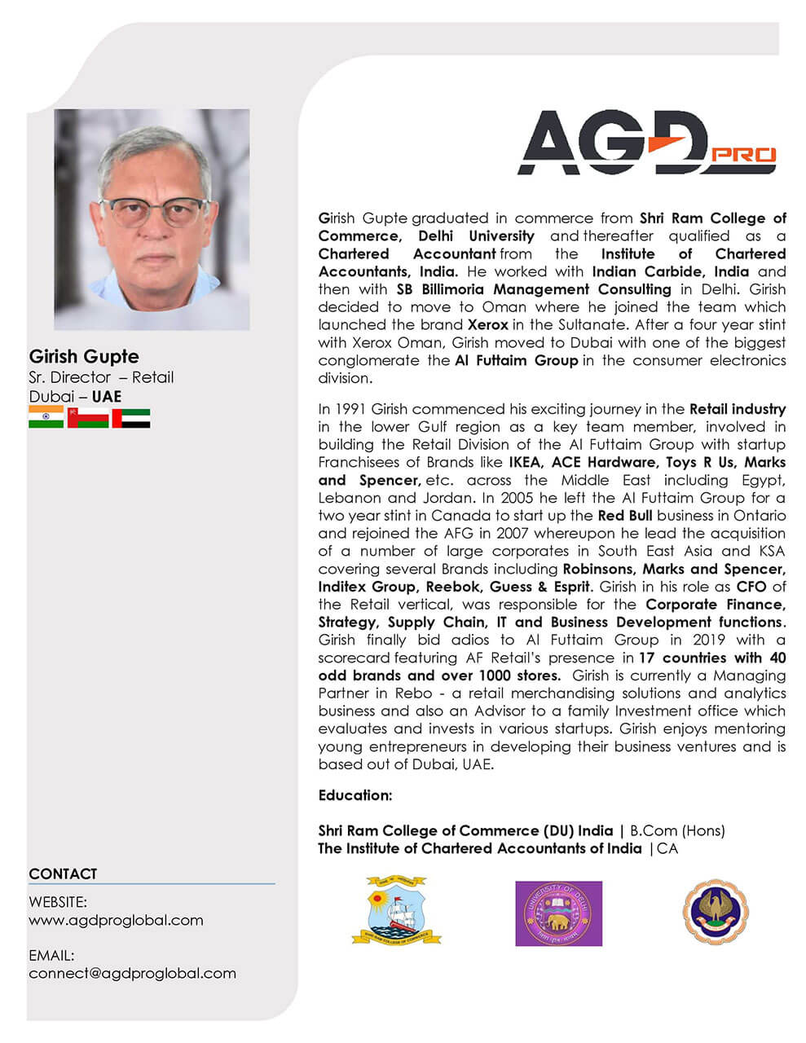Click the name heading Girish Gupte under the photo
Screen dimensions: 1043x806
(x=84, y=357)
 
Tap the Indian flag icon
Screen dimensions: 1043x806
(x=46, y=417)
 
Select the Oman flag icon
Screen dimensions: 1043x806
(x=88, y=417)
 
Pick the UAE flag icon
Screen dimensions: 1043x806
(x=130, y=417)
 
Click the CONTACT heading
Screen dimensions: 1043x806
(x=63, y=874)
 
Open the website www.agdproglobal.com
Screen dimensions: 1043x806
(x=116, y=920)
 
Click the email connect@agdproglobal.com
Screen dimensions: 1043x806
(x=132, y=973)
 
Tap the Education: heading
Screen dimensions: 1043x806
(x=355, y=795)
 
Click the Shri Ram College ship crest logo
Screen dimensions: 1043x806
(x=390, y=911)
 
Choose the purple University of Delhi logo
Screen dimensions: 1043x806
(x=558, y=913)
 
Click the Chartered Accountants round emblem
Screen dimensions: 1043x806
(x=715, y=912)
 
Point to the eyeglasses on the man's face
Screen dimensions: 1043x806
(x=152, y=213)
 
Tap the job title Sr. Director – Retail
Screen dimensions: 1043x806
(x=101, y=377)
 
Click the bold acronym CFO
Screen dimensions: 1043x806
(x=751, y=587)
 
